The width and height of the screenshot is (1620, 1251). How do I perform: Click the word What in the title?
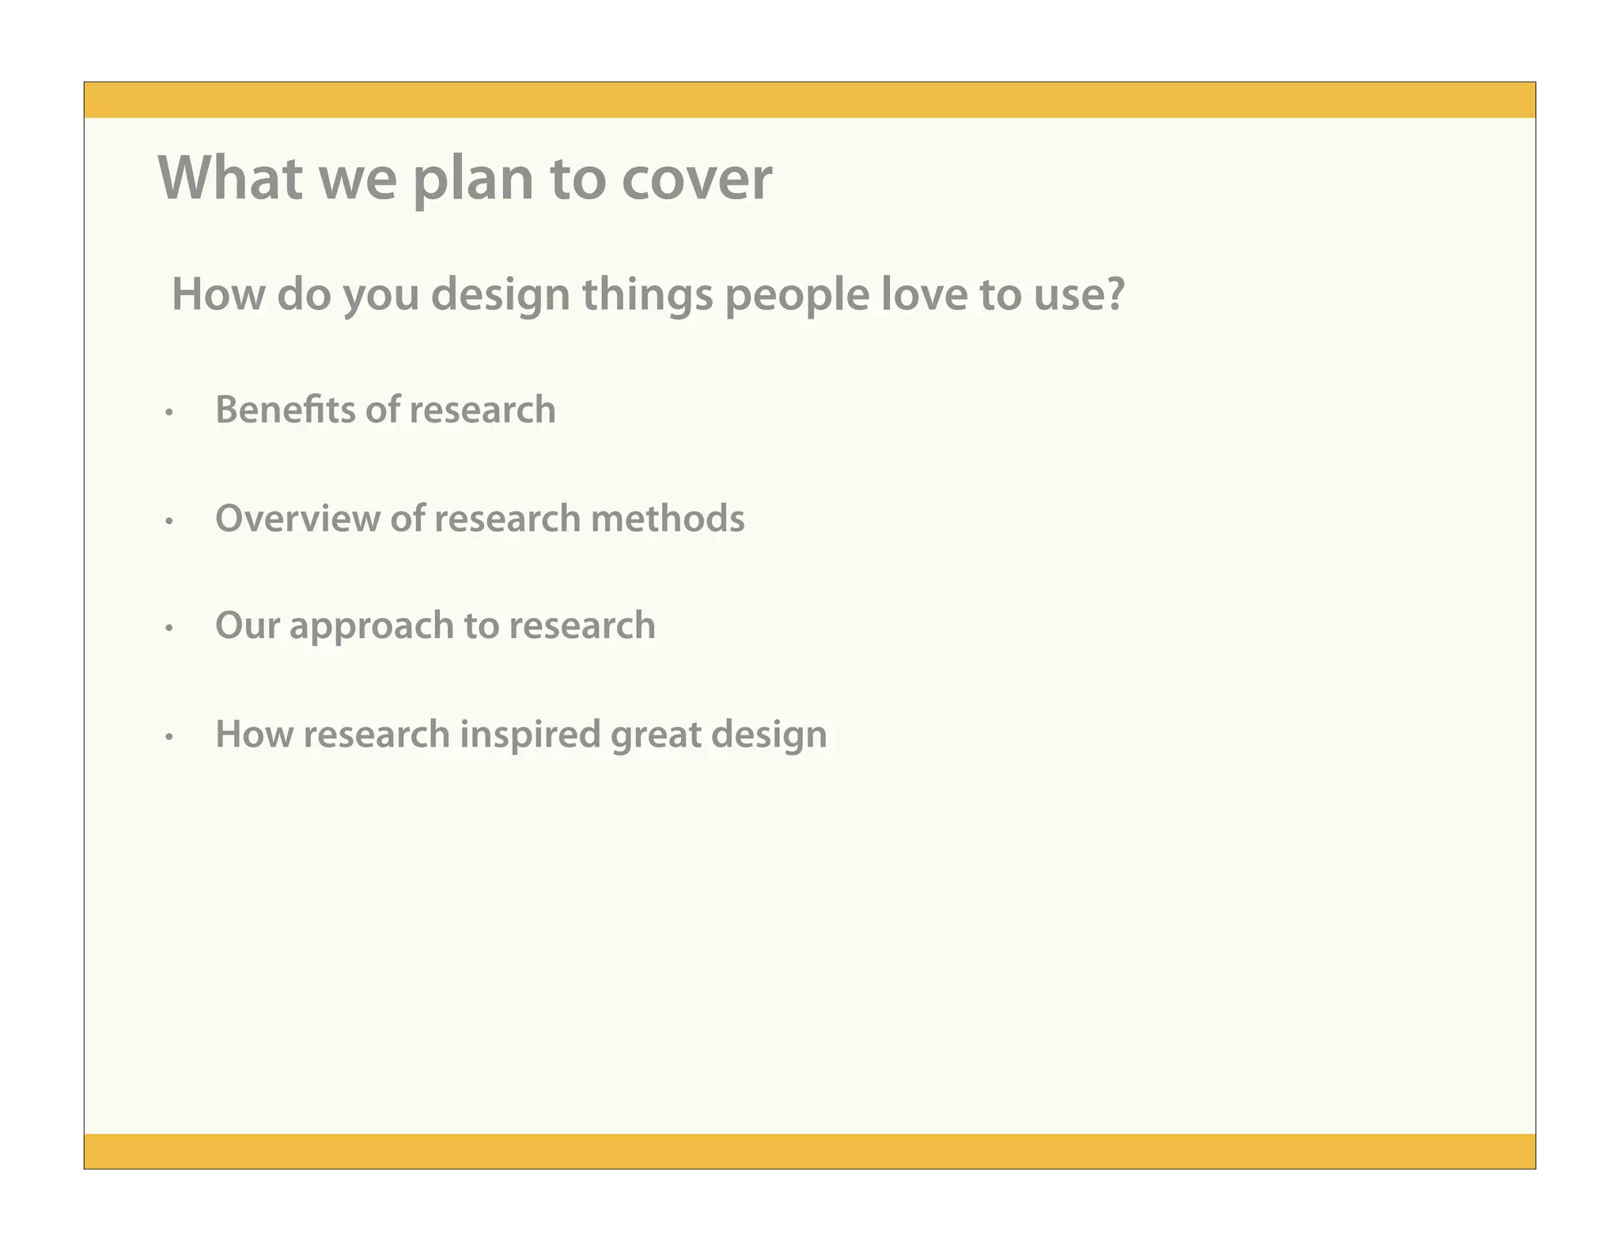(x=230, y=178)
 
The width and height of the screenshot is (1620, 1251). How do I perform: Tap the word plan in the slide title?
(x=473, y=180)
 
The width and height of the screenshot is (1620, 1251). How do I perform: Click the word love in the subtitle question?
(x=922, y=294)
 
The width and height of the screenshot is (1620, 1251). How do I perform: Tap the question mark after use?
(x=1115, y=294)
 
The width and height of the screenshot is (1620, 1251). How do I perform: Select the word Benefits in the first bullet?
(x=285, y=410)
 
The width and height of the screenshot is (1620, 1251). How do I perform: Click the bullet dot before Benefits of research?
(x=168, y=413)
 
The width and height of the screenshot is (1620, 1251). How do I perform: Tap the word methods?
(x=667, y=519)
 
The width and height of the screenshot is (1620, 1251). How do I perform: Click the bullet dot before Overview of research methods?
(x=168, y=521)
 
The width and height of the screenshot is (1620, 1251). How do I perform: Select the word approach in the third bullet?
(x=370, y=627)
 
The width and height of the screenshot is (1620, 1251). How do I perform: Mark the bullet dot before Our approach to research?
(x=168, y=629)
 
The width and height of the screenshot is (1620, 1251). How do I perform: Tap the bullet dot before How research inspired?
(x=168, y=737)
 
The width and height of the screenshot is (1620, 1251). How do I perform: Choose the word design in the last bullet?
(x=768, y=735)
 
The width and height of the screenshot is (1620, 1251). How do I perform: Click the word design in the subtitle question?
(x=500, y=296)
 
